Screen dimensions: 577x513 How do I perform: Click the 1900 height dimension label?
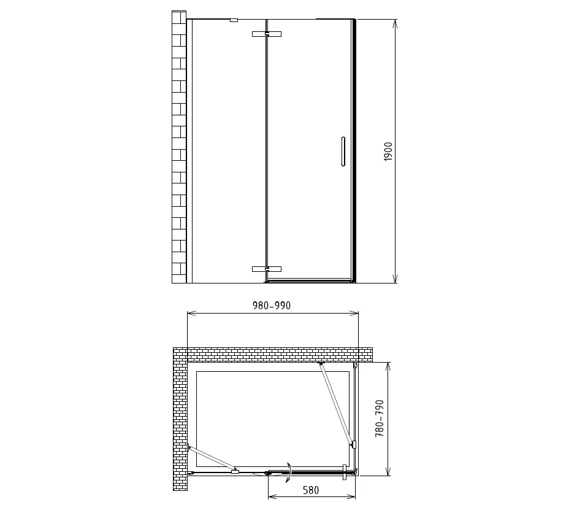[x=388, y=152]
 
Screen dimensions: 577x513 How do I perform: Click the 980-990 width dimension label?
[x=272, y=306]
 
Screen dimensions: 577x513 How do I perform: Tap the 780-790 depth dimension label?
[x=380, y=418]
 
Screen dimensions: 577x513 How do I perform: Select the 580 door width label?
[x=311, y=490]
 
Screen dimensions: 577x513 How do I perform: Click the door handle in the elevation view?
[x=343, y=152]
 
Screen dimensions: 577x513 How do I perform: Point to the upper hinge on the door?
[x=267, y=34]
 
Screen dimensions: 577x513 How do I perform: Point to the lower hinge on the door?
[x=267, y=269]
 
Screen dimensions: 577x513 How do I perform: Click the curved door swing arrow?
[x=289, y=472]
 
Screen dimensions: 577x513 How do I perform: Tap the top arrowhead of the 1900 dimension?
[x=395, y=23]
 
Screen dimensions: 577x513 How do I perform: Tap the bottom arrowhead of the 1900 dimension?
[x=395, y=279]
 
